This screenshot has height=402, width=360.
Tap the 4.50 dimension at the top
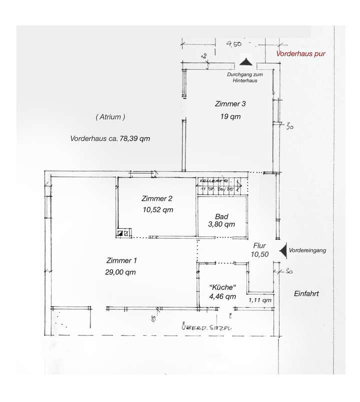[234, 44]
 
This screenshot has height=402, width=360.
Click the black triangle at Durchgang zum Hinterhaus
[245, 62]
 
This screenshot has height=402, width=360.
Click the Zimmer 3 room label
[230, 104]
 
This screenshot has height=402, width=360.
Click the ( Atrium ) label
[109, 117]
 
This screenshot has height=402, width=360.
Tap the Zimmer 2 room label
[157, 198]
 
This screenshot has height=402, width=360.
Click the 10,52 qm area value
[157, 210]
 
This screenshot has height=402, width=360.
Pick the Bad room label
[222, 216]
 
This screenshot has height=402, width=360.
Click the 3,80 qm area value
[222, 225]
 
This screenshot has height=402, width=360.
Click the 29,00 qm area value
[120, 272]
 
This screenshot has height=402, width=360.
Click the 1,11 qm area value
[260, 300]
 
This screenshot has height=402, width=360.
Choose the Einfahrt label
[306, 294]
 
